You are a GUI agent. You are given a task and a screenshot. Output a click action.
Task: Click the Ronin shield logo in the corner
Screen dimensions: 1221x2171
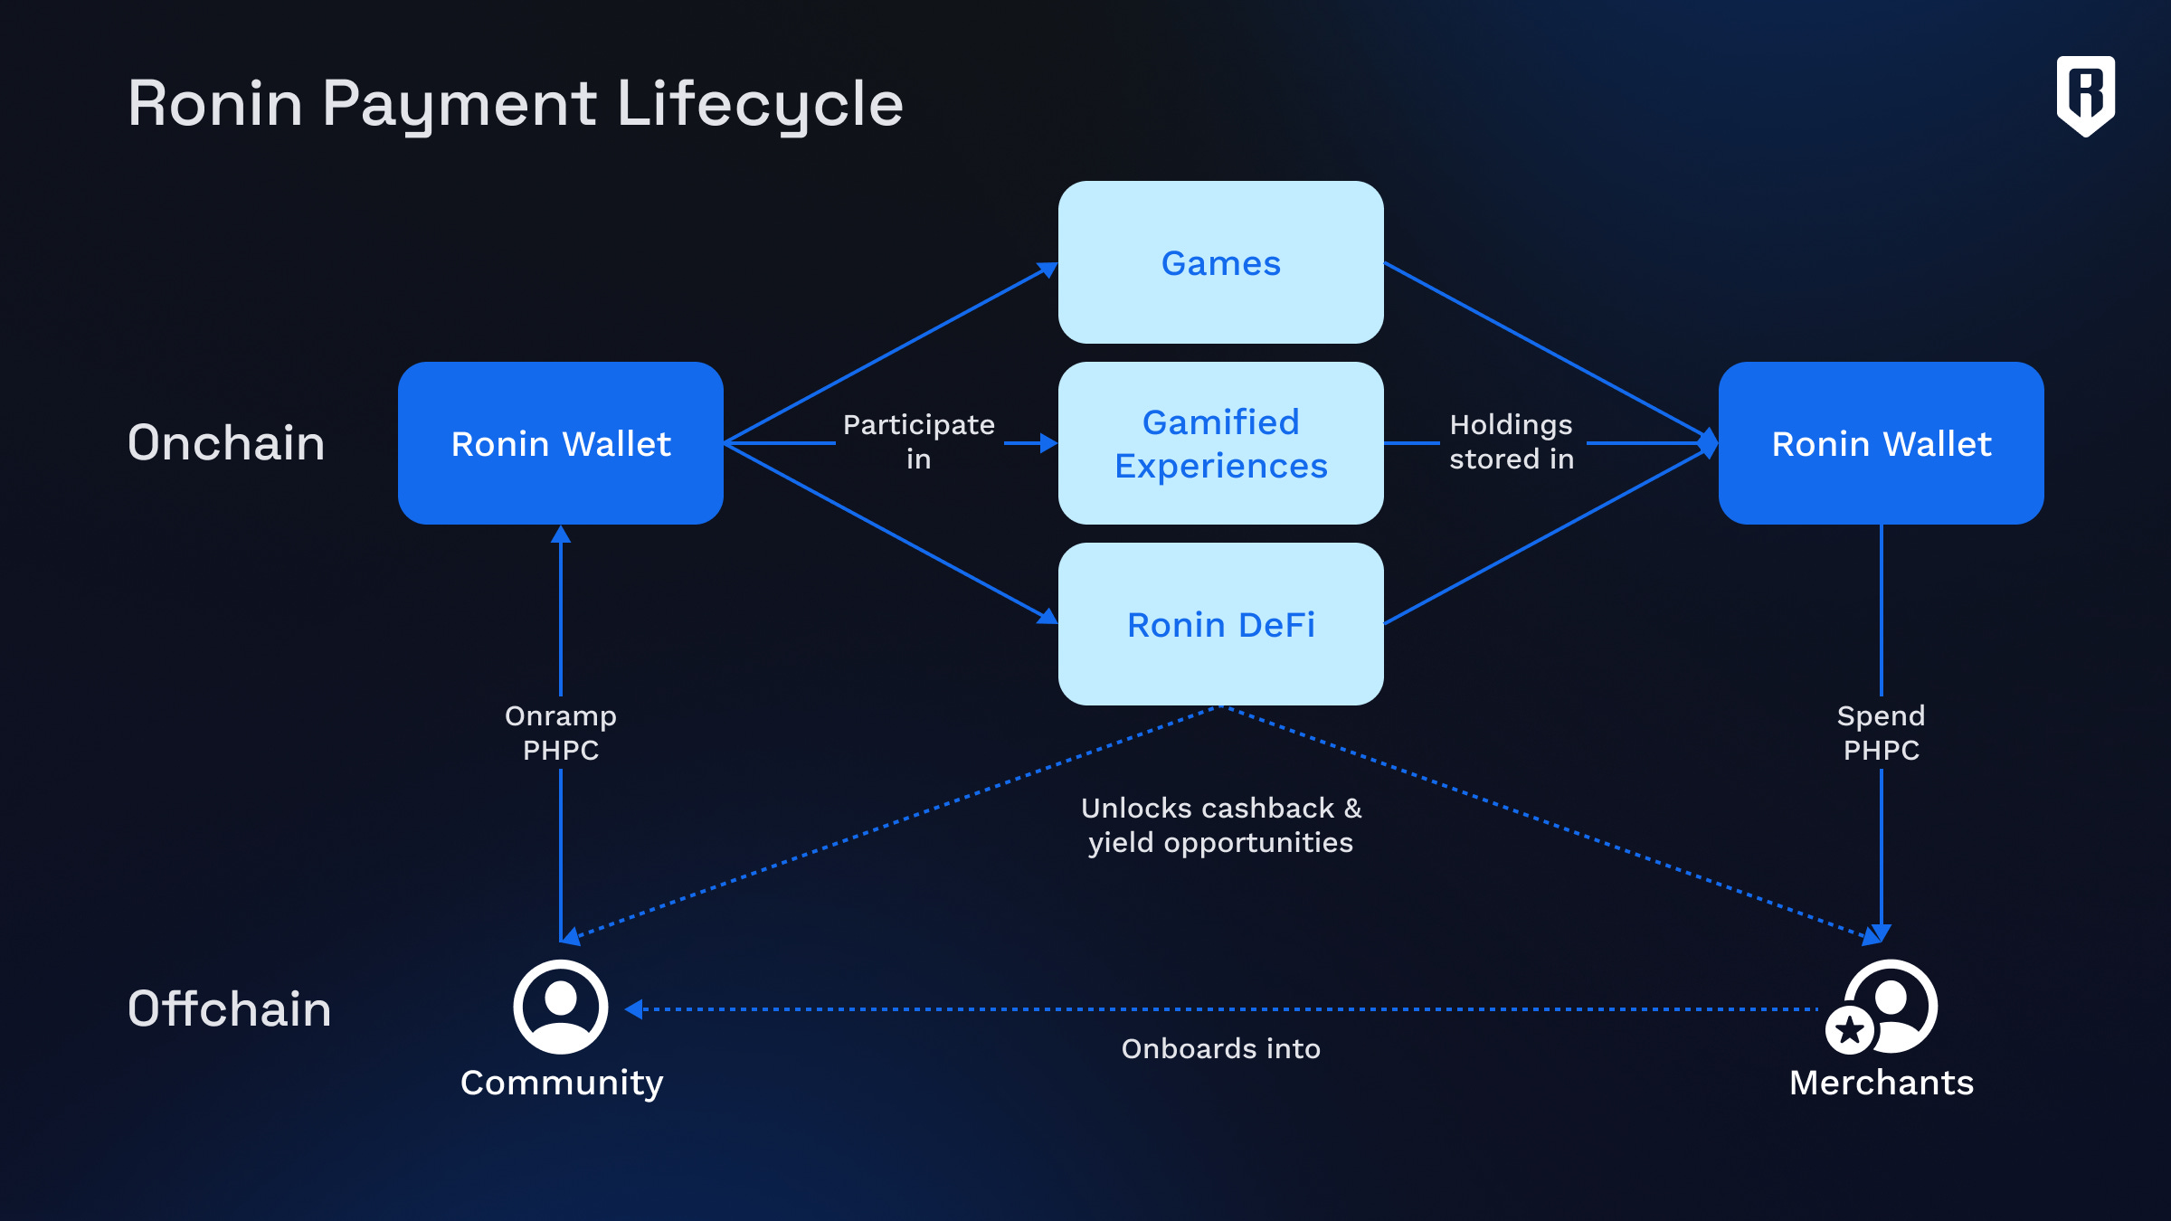point(2085,95)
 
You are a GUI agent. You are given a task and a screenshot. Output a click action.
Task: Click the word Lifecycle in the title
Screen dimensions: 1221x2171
point(759,104)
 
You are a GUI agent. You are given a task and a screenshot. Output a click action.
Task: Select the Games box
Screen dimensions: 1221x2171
point(1220,262)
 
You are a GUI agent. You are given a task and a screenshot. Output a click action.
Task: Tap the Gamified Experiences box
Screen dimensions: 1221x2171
point(1220,443)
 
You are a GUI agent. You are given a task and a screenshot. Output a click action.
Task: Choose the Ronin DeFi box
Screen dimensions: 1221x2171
point(1220,624)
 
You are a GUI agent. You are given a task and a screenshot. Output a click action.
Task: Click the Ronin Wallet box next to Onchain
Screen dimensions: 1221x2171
point(561,443)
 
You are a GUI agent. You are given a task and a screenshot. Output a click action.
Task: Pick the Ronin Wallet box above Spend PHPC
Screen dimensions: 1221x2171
point(1881,443)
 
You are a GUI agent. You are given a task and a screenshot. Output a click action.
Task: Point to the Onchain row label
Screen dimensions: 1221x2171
point(226,443)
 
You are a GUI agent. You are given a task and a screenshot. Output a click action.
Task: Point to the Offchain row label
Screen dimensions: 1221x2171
point(229,1008)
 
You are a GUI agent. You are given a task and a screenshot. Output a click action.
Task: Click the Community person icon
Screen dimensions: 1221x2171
point(561,1007)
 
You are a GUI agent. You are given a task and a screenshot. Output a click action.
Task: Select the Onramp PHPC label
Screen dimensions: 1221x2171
point(561,733)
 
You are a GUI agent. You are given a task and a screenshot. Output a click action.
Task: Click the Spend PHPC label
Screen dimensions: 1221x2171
point(1881,733)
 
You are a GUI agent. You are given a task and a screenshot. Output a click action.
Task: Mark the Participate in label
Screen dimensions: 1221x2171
point(918,441)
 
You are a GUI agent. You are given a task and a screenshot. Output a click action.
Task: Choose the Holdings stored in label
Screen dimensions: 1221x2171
point(1512,441)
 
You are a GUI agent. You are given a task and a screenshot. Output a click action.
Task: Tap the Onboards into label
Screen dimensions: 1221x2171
point(1220,1048)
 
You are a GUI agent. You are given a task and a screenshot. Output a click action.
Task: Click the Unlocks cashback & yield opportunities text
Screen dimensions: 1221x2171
point(1220,825)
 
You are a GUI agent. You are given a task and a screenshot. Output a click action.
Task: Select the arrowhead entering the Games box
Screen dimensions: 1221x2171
point(1048,269)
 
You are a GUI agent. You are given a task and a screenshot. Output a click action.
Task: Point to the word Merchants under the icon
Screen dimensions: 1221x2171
point(1881,1083)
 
